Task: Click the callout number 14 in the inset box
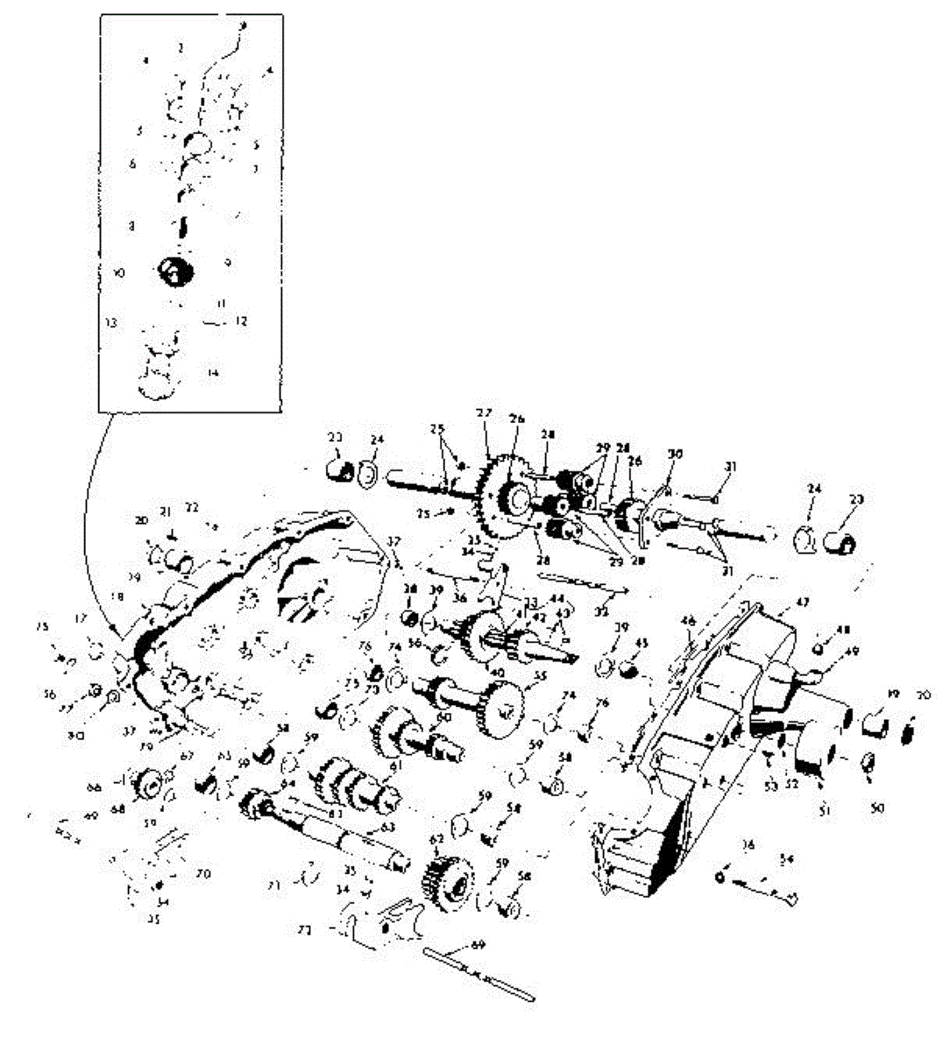[x=213, y=373]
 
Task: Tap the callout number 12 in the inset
[x=241, y=321]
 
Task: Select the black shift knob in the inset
[x=174, y=269]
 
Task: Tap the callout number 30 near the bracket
[x=675, y=454]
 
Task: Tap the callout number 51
[x=824, y=812]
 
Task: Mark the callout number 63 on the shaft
[x=386, y=826]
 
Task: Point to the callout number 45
[x=642, y=644]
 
